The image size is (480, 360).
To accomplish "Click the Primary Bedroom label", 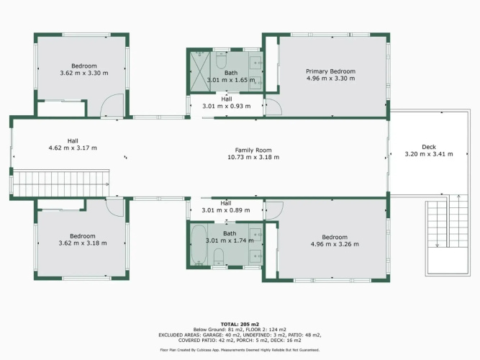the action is coord(330,71).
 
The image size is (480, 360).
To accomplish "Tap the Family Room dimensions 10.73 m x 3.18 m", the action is coord(253,157).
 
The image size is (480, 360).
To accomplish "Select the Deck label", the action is coord(429,147).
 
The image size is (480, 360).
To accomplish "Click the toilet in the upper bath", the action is coord(221,60).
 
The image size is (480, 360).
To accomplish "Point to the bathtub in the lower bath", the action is coord(199,245).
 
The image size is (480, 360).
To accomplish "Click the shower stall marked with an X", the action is coord(199,71).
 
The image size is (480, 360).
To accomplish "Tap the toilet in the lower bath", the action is coord(219,257).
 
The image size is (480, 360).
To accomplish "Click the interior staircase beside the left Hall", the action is coord(60,183).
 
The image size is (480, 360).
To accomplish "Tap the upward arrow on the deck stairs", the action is coord(458,220).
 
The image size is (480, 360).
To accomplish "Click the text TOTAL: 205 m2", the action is coord(240,324).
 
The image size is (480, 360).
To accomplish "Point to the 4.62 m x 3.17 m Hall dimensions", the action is coord(73,148).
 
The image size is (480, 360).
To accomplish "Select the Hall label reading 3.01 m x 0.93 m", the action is coord(227,103).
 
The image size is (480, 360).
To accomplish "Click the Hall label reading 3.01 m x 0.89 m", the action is coord(226,207).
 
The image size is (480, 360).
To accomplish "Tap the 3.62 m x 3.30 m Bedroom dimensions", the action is coord(84,73).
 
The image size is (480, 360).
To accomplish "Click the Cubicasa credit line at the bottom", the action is coord(240,350).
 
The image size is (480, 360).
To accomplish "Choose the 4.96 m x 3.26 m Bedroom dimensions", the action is coord(335,244).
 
